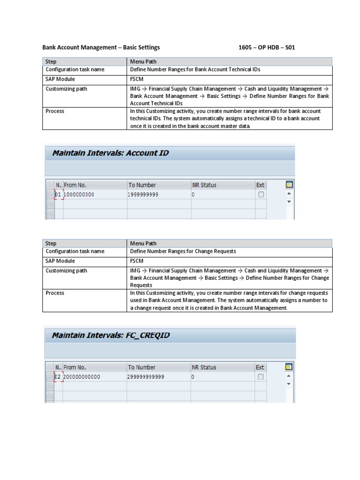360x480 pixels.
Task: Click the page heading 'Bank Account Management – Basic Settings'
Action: tap(101, 47)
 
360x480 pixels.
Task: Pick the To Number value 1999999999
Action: tap(143, 195)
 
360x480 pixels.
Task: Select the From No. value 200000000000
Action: tap(82, 376)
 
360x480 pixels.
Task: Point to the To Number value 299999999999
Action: tap(146, 376)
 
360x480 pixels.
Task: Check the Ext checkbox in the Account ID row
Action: tap(261, 195)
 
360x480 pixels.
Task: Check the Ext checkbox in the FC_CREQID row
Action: tap(261, 376)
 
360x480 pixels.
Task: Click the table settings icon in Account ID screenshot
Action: tap(289, 185)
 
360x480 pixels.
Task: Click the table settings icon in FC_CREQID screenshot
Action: tap(289, 367)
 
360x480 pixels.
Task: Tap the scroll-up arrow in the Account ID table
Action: tap(289, 194)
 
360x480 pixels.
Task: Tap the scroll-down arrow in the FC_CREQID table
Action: tap(289, 383)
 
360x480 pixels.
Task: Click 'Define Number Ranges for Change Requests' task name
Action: tap(183, 251)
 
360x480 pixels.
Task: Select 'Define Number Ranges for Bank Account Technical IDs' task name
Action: tap(195, 69)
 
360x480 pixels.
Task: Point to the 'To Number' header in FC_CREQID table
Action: tap(142, 367)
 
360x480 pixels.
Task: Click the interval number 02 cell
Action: tap(58, 376)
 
